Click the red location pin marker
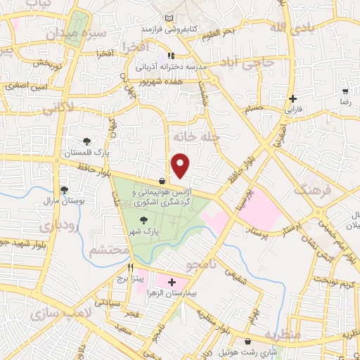(181, 165)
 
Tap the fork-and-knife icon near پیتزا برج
(131, 268)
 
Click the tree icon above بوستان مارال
(65, 190)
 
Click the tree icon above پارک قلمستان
(86, 141)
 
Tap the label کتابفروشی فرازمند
(167, 29)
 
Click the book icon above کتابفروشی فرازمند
(167, 18)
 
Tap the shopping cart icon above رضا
(345, 91)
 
